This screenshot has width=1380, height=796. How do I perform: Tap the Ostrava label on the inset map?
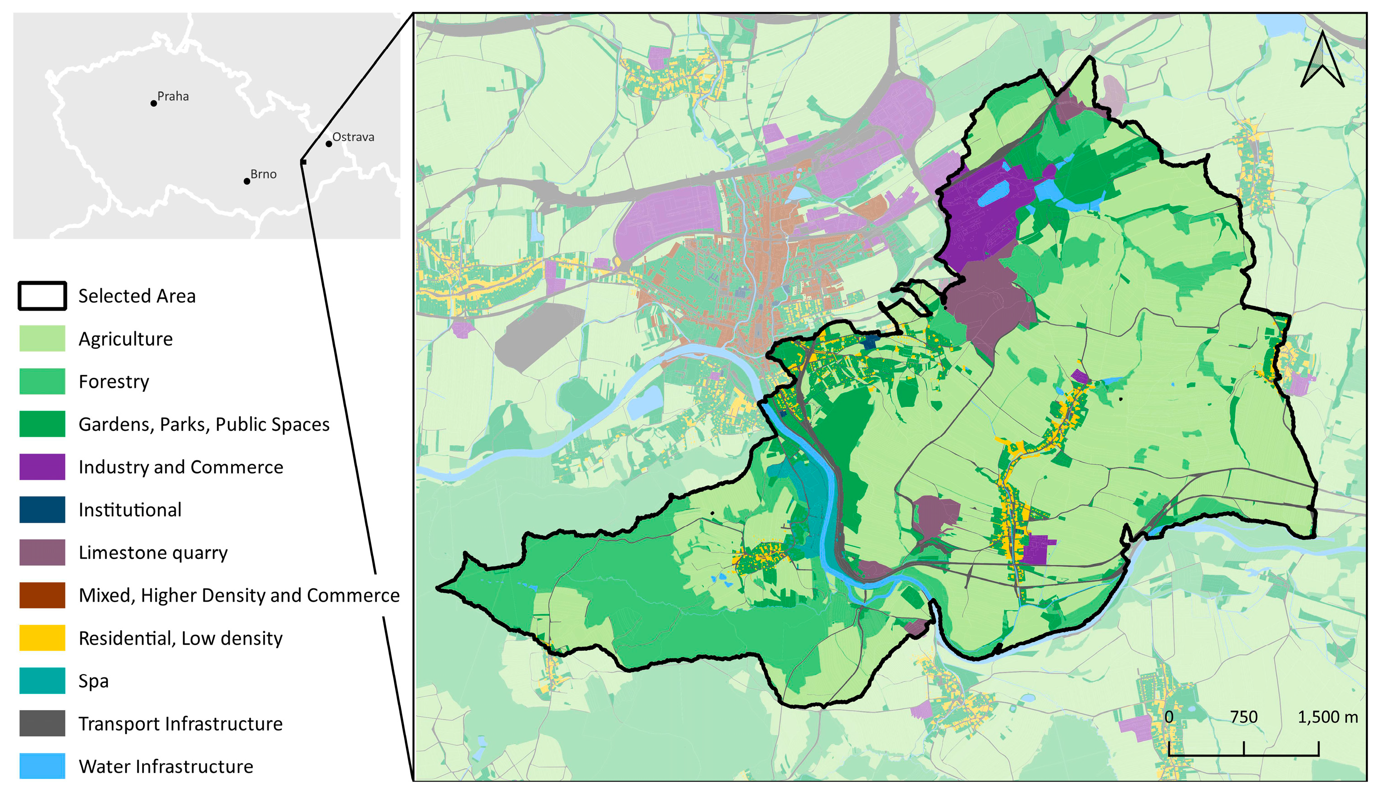pos(353,137)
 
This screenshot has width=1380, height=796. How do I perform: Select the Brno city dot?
pos(247,181)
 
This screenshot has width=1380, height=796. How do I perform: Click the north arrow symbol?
pos(1321,60)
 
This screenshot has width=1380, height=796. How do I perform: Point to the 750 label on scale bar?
pos(1243,717)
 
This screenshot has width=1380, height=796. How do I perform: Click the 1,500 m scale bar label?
pos(1327,717)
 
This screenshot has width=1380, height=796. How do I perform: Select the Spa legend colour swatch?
pos(42,681)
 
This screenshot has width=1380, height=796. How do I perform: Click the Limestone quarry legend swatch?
pos(42,552)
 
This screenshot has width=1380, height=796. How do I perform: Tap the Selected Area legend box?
pos(42,296)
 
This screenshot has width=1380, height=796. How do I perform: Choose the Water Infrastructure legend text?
pos(166,766)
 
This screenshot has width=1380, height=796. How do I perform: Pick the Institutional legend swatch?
pos(42,509)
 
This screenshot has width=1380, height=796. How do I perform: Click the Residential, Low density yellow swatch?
pos(42,638)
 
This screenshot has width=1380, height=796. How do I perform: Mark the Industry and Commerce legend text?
pos(180,467)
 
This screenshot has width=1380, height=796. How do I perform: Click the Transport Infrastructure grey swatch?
pos(42,723)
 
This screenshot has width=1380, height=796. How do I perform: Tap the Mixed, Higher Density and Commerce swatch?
pos(42,595)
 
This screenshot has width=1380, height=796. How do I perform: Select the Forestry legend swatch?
pos(42,381)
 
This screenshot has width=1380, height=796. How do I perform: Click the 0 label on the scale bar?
pos(1168,717)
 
